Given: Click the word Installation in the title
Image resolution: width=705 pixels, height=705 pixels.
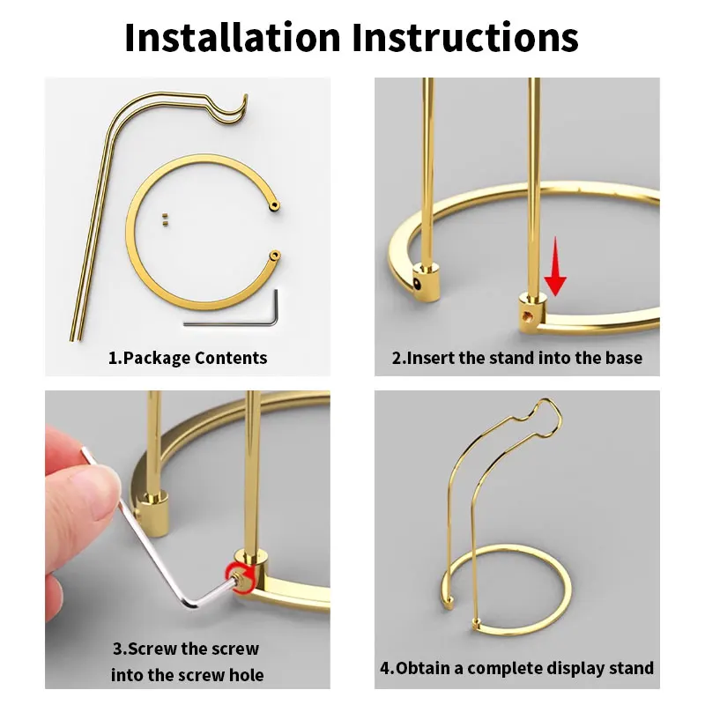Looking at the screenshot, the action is [233, 37].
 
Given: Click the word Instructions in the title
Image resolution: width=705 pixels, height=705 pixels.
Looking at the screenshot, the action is [465, 37].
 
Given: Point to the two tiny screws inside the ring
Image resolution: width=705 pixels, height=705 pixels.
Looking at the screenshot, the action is [165, 219].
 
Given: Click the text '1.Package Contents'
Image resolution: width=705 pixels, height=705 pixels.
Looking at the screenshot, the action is [188, 358].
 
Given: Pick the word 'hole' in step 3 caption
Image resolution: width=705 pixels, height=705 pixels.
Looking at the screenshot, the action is [246, 675].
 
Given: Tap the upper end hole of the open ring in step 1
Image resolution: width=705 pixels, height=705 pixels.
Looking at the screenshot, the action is [275, 206].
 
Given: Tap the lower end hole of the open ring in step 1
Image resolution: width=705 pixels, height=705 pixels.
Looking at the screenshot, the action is [274, 256].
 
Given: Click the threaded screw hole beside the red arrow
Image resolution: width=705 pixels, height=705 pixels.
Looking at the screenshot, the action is [526, 315].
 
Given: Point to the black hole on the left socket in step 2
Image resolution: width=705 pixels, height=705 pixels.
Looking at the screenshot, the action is [418, 285].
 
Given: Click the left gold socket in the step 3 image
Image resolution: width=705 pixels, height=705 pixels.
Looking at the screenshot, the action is [154, 514].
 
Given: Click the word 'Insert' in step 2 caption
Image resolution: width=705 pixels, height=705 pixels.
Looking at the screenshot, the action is [431, 358].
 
